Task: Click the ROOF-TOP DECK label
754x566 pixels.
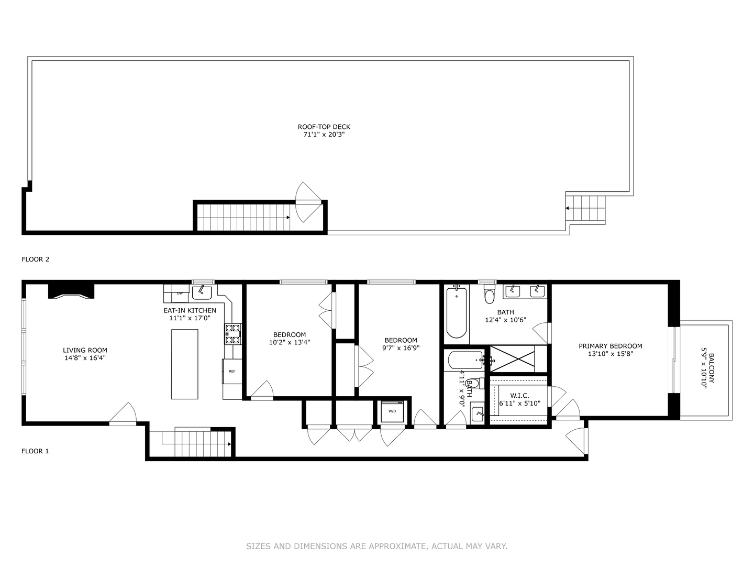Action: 324,127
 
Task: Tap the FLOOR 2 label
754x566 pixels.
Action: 35,259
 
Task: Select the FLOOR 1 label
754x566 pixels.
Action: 35,451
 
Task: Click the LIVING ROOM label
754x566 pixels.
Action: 85,350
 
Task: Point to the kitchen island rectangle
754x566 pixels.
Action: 185,364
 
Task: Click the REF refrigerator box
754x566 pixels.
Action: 231,371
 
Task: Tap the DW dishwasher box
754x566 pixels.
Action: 180,293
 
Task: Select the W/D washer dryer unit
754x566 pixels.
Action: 392,411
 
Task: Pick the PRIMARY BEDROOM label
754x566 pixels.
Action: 610,346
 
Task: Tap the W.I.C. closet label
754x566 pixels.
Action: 519,396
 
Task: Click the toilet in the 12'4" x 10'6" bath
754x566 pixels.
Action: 490,295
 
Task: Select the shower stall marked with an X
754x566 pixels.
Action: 512,359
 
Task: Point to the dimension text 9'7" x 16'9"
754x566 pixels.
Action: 401,347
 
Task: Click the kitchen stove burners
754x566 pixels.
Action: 233,334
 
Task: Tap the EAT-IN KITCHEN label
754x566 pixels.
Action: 190,310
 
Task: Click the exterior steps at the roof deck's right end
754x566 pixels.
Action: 586,208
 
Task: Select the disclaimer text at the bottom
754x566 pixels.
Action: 376,546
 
